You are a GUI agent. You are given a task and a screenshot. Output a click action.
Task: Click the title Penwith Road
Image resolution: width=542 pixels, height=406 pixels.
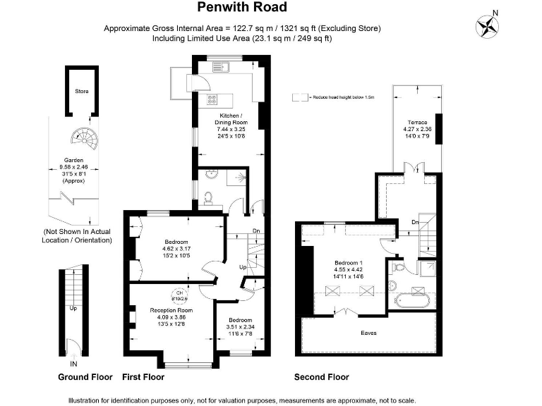pyautogui.click(x=242, y=8)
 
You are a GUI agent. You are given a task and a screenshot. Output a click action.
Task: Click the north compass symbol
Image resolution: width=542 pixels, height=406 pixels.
pyautogui.click(x=487, y=25)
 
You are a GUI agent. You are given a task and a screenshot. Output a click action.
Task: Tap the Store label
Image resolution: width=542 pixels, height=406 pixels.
pyautogui.click(x=82, y=92)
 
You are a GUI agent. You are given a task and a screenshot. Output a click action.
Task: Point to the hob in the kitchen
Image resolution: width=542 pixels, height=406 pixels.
pyautogui.click(x=210, y=99)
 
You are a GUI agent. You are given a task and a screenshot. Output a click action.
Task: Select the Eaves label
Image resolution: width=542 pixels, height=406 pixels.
pyautogui.click(x=368, y=333)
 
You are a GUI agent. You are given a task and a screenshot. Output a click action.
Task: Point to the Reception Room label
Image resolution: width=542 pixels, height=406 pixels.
pyautogui.click(x=171, y=310)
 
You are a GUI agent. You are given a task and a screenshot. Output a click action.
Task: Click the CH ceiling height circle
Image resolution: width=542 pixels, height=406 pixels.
pyautogui.click(x=179, y=295)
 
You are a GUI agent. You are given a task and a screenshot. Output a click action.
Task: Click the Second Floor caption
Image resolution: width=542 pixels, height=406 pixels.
pyautogui.click(x=321, y=377)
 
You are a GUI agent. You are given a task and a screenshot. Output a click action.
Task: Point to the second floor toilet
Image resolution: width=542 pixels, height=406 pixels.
pyautogui.click(x=399, y=269)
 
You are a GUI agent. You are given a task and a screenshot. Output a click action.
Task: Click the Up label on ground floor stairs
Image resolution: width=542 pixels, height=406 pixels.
pyautogui.click(x=73, y=308)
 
